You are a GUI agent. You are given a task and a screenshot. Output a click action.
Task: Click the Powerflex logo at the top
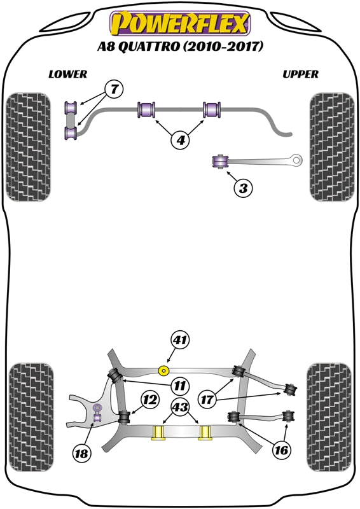click(180, 24)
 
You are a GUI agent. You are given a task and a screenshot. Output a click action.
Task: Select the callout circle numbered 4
click(180, 140)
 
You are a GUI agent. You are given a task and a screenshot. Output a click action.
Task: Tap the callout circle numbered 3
click(244, 188)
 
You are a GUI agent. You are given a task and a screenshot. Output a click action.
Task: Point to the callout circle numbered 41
click(180, 340)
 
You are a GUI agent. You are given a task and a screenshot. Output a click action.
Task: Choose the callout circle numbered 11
click(180, 384)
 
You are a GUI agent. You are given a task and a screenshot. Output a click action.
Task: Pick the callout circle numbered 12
click(149, 400)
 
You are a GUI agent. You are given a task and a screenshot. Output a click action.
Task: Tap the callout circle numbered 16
click(281, 450)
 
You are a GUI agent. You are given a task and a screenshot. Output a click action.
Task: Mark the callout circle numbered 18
click(81, 454)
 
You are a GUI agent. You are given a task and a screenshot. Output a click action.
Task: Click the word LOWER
click(67, 74)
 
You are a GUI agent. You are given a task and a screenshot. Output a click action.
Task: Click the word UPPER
click(300, 74)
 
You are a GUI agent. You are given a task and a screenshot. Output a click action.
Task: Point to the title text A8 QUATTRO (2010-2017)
click(180, 47)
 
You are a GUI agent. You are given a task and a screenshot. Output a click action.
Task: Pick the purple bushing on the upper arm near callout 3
click(221, 160)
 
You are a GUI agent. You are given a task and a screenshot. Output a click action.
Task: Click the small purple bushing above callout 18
click(97, 409)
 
